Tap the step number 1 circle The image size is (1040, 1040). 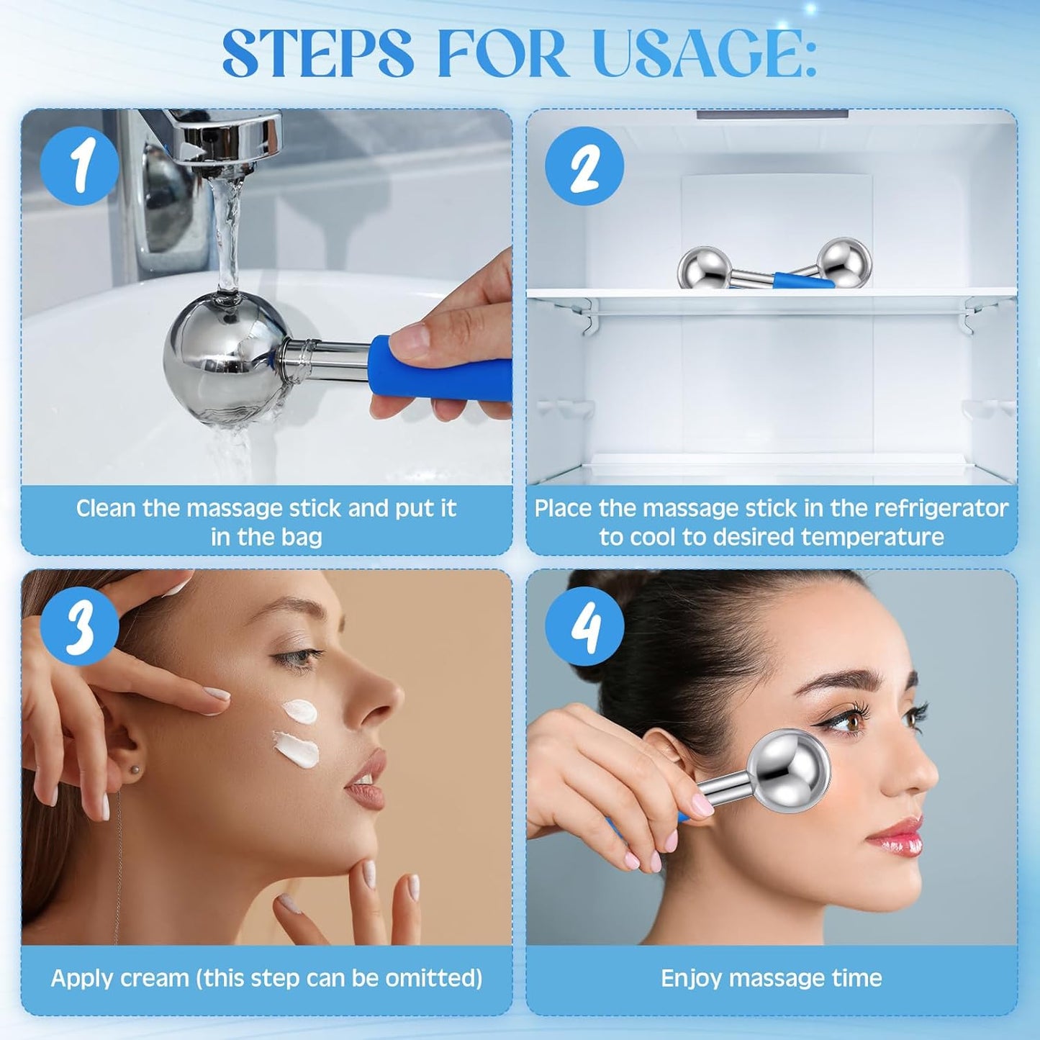point(79,166)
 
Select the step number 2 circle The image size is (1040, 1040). point(584,166)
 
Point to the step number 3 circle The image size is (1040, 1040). point(79,626)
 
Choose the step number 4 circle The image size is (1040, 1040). point(584,626)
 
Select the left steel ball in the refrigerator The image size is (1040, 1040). point(704,268)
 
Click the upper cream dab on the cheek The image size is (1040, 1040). point(299,712)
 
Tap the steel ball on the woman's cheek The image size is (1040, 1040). point(789,770)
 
